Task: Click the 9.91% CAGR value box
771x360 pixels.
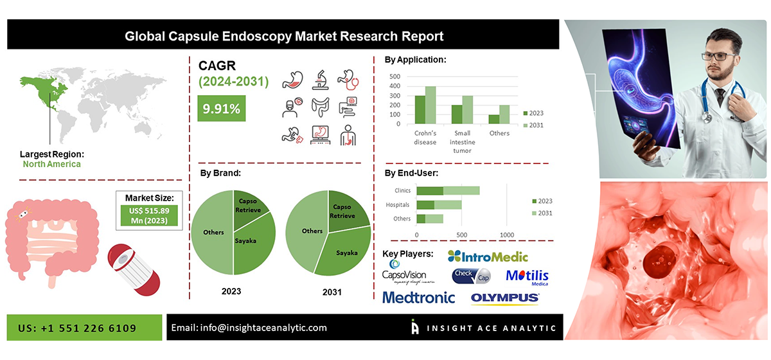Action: (222, 108)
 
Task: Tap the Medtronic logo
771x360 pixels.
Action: (418, 298)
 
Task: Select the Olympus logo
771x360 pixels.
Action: (505, 298)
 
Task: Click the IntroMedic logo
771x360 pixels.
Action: (488, 256)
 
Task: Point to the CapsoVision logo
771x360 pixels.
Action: (407, 273)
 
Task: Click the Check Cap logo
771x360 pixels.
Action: (472, 276)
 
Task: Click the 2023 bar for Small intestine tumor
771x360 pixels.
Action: (457, 114)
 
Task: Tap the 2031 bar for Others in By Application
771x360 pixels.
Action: (504, 114)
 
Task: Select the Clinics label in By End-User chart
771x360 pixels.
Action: (402, 190)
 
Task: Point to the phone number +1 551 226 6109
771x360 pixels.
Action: (77, 328)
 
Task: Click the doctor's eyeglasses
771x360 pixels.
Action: (718, 55)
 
